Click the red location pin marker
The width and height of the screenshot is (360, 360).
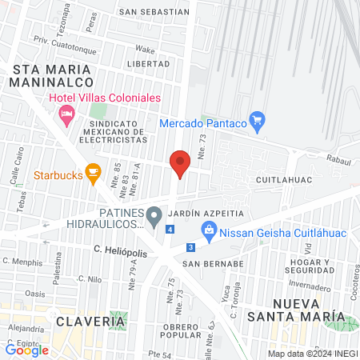(x=180, y=163)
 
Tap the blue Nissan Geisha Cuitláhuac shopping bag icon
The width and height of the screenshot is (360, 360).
(x=209, y=231)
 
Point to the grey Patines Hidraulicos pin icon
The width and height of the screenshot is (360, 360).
(x=157, y=214)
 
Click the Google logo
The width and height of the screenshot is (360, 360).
(x=27, y=350)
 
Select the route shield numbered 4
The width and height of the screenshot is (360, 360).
(x=170, y=230)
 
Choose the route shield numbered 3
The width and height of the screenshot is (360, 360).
(x=190, y=247)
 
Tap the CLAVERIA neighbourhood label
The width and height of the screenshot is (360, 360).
(x=91, y=321)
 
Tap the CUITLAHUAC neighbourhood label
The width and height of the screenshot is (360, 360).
(x=282, y=182)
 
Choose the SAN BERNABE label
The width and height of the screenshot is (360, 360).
(x=212, y=263)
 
